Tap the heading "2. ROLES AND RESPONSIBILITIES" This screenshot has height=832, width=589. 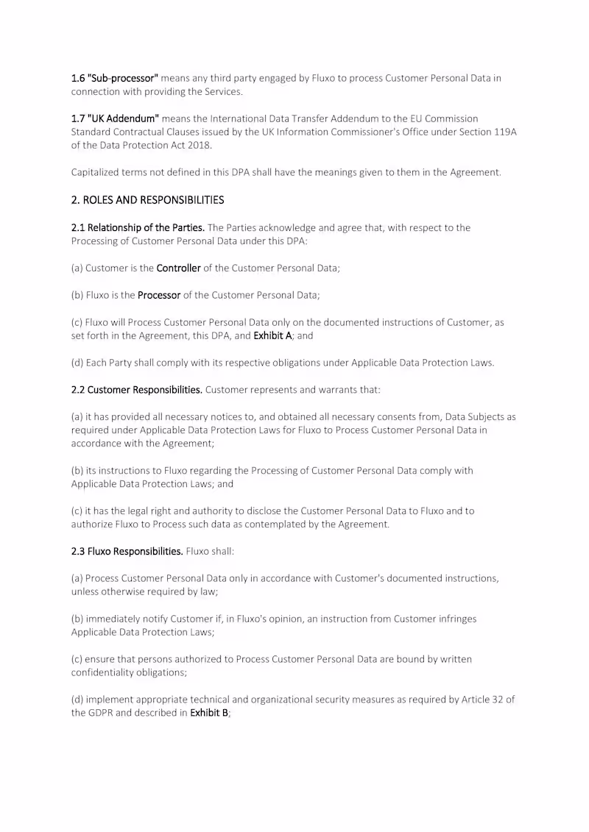147,200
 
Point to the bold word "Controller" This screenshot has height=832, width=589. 178,269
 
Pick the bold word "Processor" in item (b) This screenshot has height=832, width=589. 159,295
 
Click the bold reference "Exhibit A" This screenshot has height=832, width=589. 272,335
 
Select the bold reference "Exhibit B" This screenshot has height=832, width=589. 209,713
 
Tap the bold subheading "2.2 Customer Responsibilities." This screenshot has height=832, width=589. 137,390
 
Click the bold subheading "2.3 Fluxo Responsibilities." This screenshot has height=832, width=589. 127,552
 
